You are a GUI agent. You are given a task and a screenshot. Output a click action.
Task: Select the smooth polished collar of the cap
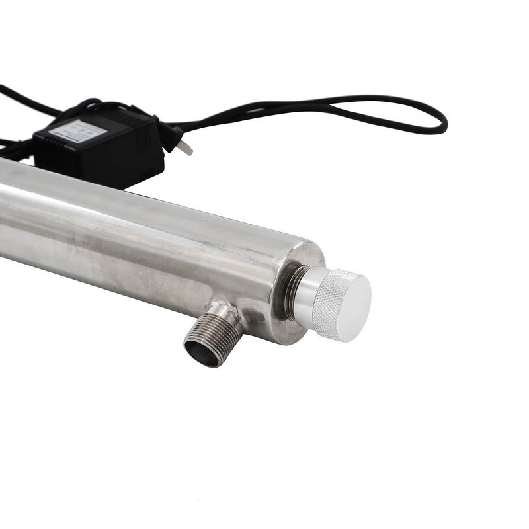tap(305, 298)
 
